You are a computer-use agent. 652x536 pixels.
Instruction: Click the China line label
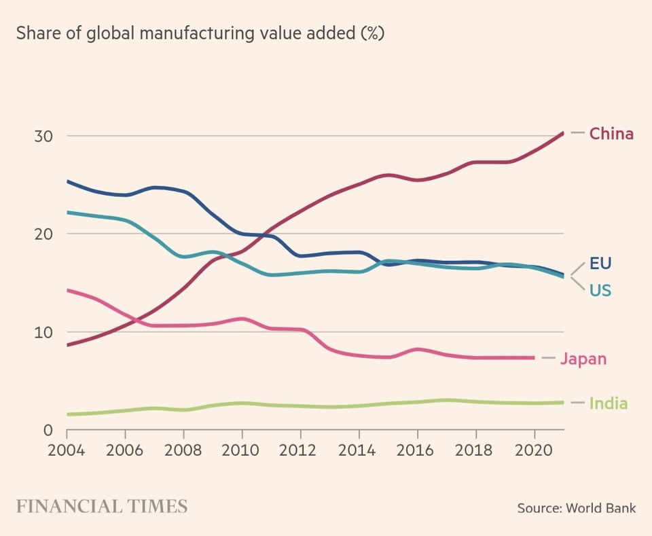(x=611, y=134)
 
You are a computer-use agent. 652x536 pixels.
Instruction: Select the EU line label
(x=600, y=264)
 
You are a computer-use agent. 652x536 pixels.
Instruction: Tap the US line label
(x=600, y=291)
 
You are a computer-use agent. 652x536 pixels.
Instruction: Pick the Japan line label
(x=583, y=359)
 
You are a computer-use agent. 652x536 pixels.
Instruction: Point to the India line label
(x=608, y=404)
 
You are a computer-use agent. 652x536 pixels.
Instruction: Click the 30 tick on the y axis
(x=43, y=136)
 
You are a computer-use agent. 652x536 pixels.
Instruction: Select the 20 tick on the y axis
(x=43, y=234)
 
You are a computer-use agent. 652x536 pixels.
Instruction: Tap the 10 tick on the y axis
(x=43, y=332)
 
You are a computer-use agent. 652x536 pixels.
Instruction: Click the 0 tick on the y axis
(x=48, y=430)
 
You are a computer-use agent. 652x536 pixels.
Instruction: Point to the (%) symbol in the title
(x=372, y=33)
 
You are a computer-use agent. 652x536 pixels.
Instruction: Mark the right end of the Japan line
(x=534, y=357)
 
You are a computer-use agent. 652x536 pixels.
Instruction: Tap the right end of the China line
(x=563, y=133)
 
